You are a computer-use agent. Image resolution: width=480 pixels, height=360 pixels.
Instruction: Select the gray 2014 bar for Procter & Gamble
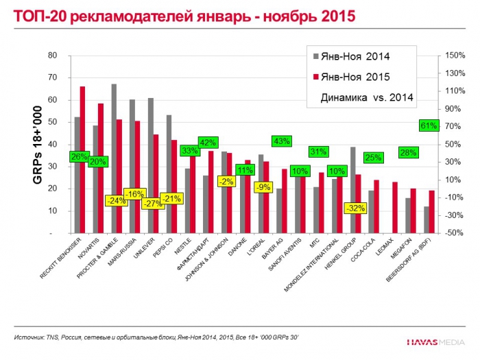click(114, 158)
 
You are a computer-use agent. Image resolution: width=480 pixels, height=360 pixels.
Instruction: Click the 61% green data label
click(429, 125)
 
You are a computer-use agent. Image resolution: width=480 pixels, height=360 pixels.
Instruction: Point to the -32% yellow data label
click(355, 208)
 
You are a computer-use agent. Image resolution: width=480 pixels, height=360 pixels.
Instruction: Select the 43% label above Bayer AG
click(281, 141)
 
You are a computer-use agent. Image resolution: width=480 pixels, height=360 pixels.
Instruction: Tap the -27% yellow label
click(152, 203)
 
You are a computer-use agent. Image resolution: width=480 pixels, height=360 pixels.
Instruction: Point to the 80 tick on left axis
click(52, 56)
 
